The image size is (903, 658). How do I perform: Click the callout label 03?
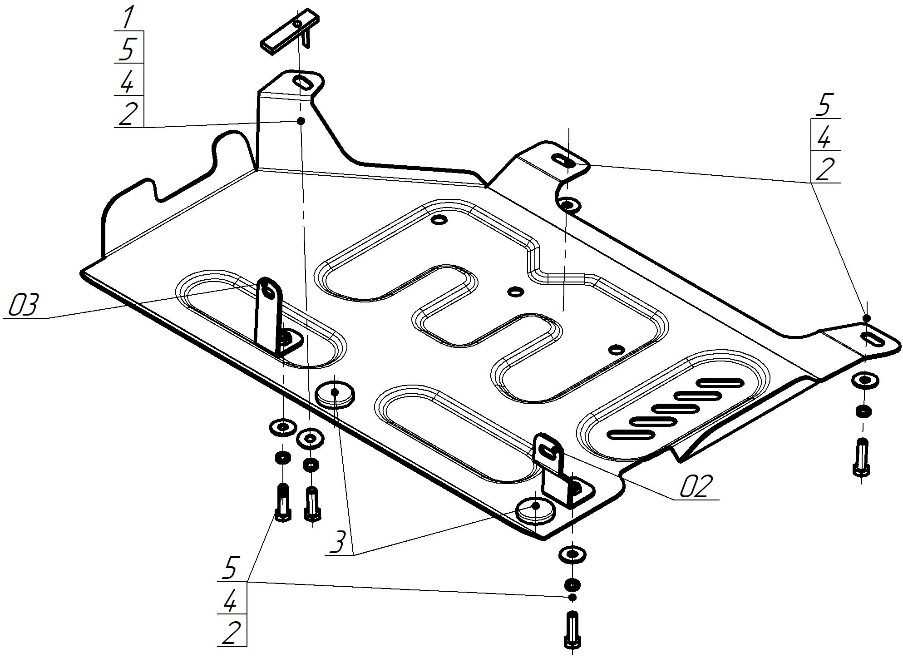(24, 305)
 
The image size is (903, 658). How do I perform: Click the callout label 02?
(694, 486)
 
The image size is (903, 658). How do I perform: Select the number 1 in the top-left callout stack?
(128, 17)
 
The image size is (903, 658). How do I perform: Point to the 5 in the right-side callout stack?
(824, 105)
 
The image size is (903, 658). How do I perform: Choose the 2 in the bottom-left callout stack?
(231, 633)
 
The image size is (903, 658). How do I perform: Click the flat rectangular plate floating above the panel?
(289, 31)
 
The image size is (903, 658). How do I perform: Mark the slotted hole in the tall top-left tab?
(302, 83)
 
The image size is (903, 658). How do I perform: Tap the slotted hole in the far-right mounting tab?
(871, 339)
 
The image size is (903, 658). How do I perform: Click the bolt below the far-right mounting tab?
(861, 457)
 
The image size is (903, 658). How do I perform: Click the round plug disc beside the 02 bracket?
(536, 510)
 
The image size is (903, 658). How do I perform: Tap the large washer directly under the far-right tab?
(865, 380)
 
